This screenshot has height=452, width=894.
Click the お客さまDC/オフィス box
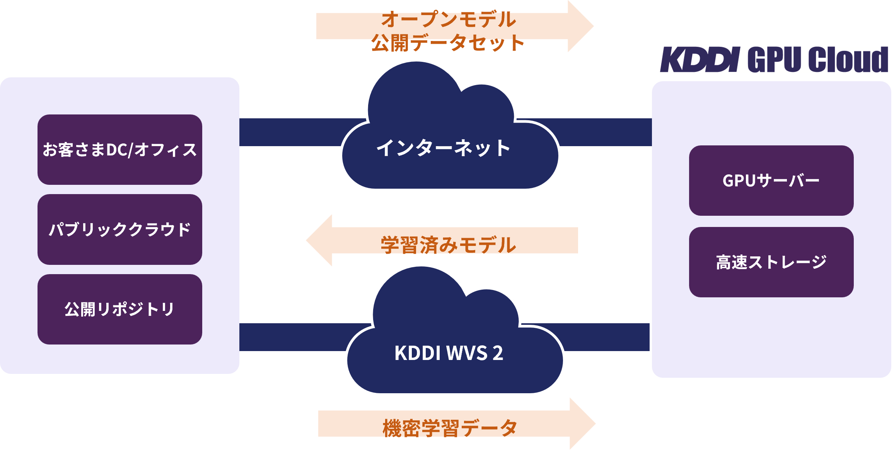(120, 150)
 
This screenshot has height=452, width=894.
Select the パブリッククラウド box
(120, 229)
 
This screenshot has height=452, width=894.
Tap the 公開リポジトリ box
(120, 309)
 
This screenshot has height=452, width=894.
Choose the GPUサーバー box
(771, 181)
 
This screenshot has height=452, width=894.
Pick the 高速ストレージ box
(771, 262)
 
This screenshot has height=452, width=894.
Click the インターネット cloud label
(444, 148)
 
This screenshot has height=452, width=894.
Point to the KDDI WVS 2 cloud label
(449, 353)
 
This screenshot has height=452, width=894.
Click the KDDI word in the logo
(700, 60)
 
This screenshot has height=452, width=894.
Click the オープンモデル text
(449, 19)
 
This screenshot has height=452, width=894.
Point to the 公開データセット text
(448, 43)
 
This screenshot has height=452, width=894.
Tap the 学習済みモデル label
(449, 245)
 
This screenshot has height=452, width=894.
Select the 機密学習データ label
(450, 428)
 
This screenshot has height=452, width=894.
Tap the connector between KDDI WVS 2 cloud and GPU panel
(607, 337)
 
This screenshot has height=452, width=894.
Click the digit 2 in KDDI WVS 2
(498, 353)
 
